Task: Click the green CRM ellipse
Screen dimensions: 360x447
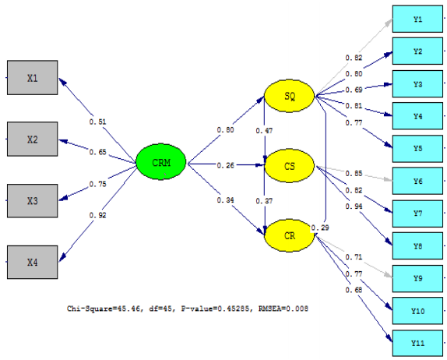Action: pyautogui.click(x=161, y=163)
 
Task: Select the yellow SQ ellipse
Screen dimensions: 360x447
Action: pyautogui.click(x=289, y=96)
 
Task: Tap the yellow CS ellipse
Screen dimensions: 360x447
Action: pyautogui.click(x=289, y=166)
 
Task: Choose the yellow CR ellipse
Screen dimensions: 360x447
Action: pyautogui.click(x=289, y=235)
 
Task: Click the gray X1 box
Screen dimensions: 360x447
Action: pyautogui.click(x=32, y=78)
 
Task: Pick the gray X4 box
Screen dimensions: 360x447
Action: pyautogui.click(x=32, y=263)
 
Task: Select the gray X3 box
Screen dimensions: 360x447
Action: pyautogui.click(x=32, y=201)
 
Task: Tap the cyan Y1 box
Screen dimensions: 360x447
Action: pyautogui.click(x=418, y=19)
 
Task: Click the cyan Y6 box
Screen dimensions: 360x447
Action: pyautogui.click(x=418, y=181)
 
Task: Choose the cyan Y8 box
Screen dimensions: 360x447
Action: pyautogui.click(x=418, y=245)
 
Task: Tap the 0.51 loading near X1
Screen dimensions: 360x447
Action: pyautogui.click(x=97, y=122)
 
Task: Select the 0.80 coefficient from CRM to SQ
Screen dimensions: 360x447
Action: pyautogui.click(x=225, y=130)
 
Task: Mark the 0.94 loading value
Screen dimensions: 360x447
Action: pyautogui.click(x=352, y=206)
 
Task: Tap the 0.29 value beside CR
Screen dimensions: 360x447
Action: pyautogui.click(x=319, y=228)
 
